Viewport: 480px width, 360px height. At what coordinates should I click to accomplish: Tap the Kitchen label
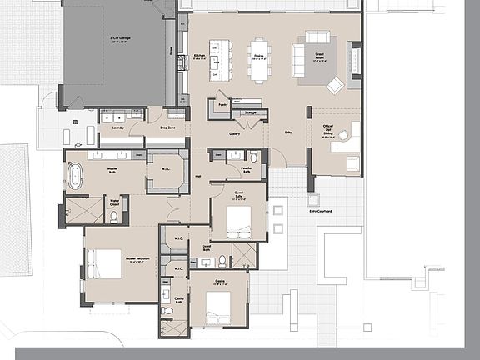point(199,57)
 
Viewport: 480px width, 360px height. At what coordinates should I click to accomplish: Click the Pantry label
point(222,106)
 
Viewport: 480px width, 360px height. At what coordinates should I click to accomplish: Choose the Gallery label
point(235,133)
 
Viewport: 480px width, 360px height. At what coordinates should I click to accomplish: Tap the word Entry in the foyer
point(288,132)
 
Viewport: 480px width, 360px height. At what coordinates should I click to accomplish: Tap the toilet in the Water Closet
point(114,216)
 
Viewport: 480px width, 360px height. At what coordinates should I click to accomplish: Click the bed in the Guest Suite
point(238,221)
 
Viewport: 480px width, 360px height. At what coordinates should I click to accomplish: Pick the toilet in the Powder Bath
point(253,156)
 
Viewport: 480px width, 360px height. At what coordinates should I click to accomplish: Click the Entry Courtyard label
point(321,212)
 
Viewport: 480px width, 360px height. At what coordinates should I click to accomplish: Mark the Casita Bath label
point(178,298)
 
